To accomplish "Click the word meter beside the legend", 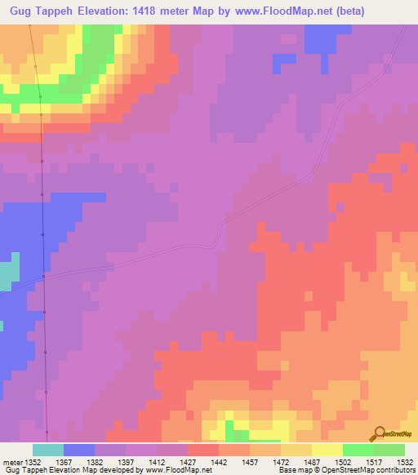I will tap(14, 461).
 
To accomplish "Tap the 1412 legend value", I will tap(158, 461).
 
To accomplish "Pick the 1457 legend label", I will tap(251, 461).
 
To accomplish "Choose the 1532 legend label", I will tap(406, 461).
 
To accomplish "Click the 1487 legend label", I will tap(313, 461).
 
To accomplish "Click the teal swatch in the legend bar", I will tap(48, 450).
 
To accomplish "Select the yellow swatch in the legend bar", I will tap(327, 450).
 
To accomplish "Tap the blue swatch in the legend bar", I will tap(79, 450).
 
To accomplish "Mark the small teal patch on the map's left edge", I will tap(7, 275).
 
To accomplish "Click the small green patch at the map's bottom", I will tap(237, 429).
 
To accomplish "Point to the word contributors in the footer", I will tap(396, 471).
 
